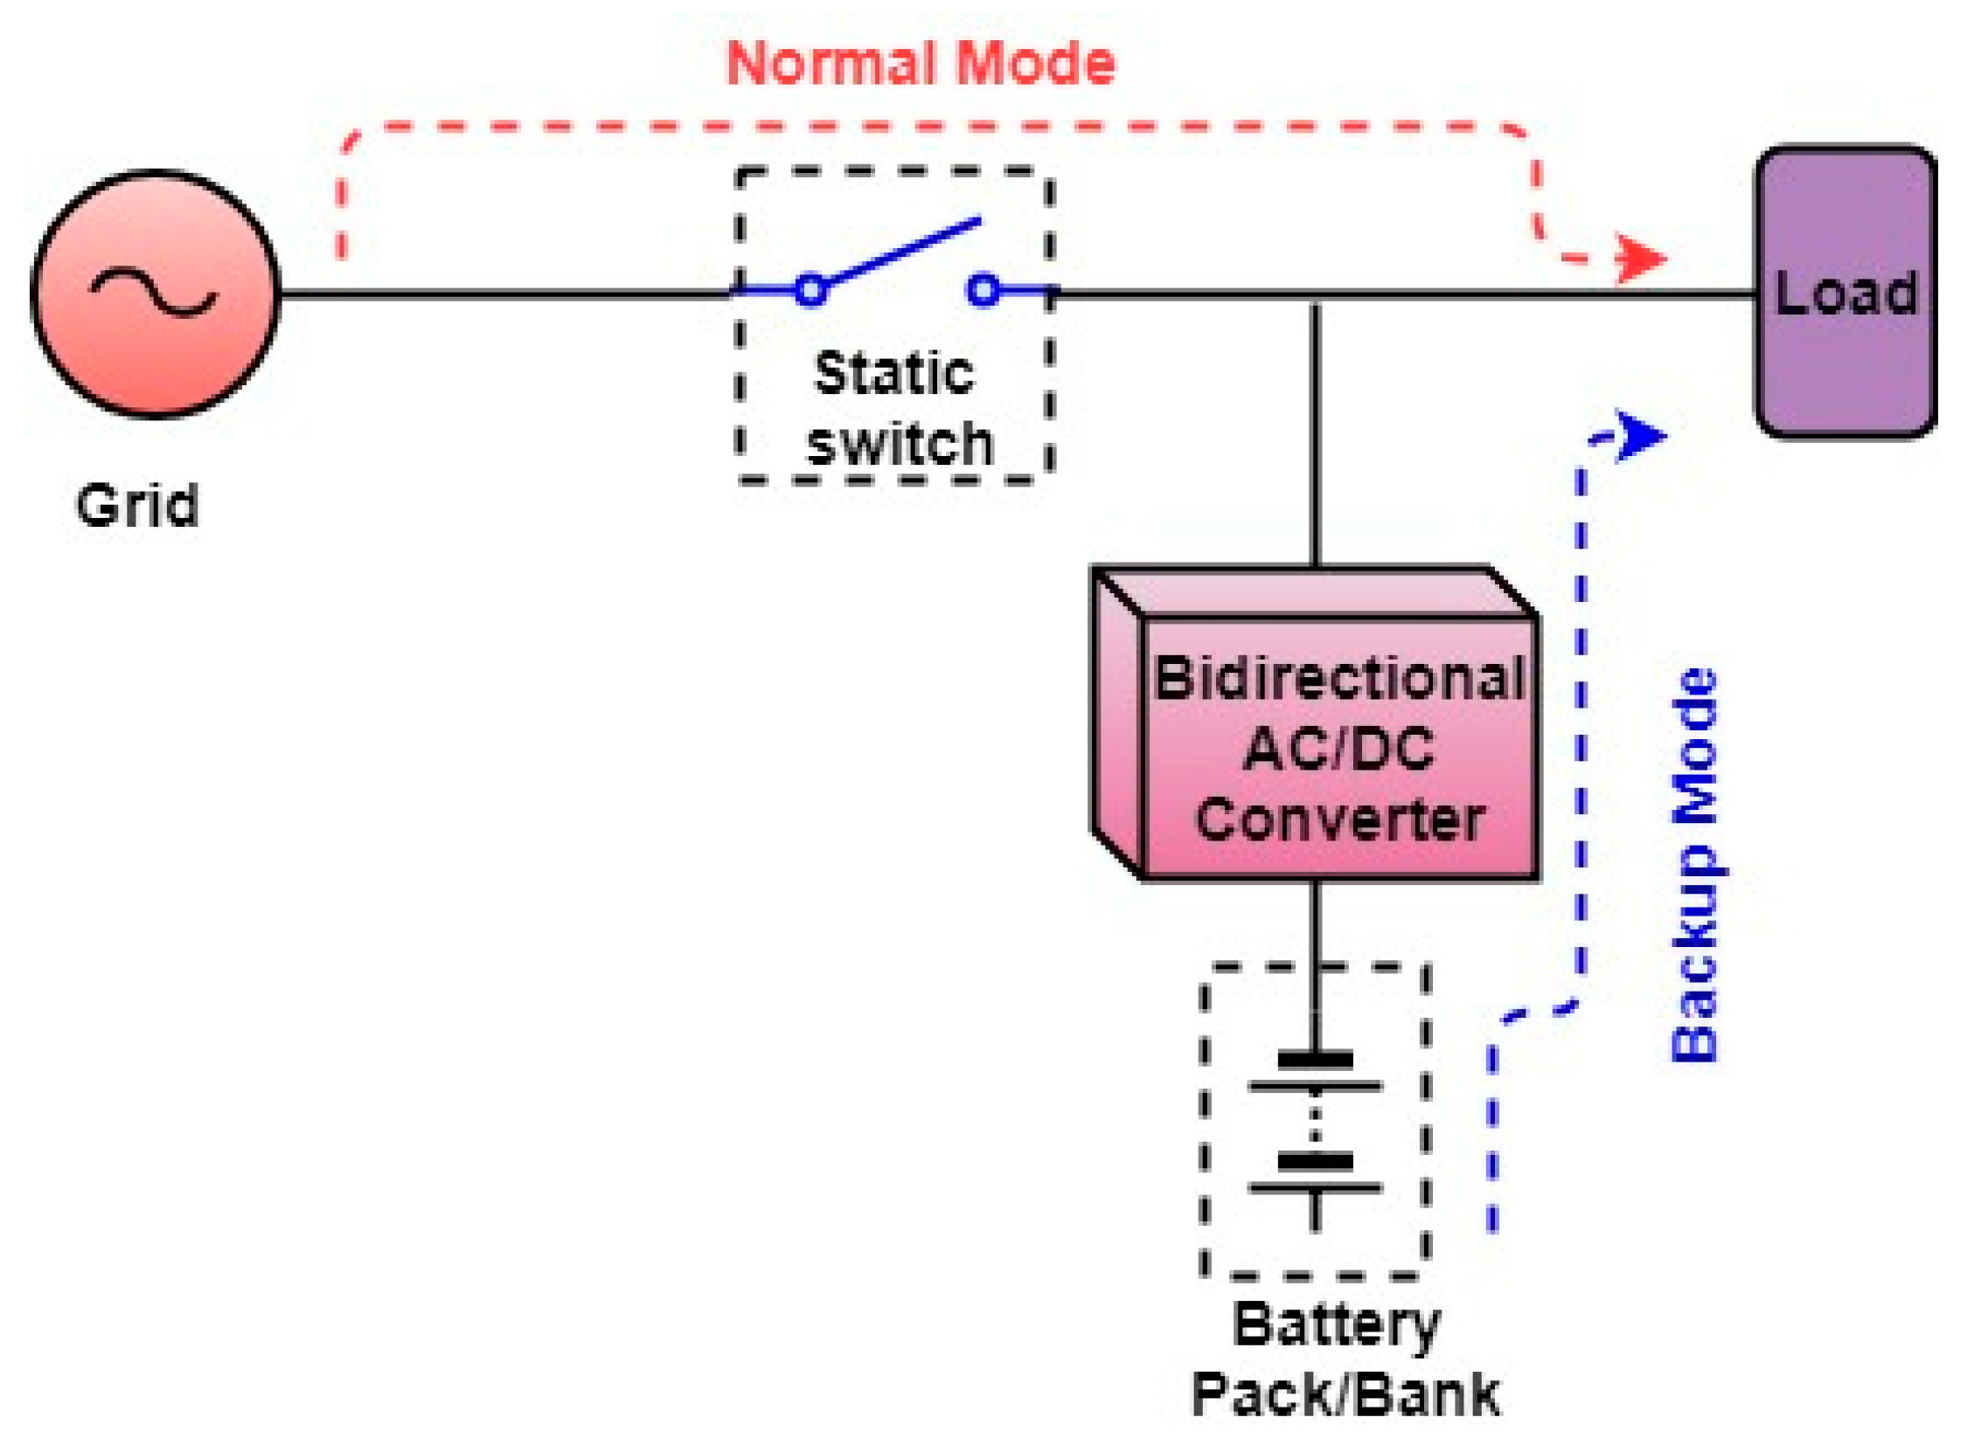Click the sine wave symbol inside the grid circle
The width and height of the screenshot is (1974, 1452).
[x=154, y=293]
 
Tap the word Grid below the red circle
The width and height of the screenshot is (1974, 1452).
[x=137, y=505]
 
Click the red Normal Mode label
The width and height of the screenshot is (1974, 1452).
[x=920, y=63]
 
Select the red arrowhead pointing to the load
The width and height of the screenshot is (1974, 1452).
[x=1640, y=259]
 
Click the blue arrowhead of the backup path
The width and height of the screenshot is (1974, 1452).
[x=1640, y=435]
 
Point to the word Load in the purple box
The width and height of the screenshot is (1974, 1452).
[x=1845, y=293]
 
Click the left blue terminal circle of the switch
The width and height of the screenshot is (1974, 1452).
[x=810, y=289]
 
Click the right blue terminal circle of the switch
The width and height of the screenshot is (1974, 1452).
[x=982, y=289]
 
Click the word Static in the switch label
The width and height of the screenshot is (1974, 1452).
[x=893, y=374]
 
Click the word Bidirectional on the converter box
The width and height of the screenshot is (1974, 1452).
[x=1338, y=679]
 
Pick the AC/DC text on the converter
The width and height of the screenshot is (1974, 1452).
[x=1338, y=749]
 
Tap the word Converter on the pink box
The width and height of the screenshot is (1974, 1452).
[x=1338, y=819]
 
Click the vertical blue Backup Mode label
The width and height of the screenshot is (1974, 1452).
[x=1693, y=866]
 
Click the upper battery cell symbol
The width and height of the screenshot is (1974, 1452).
[x=1315, y=1072]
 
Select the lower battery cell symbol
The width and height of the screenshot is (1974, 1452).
[x=1315, y=1174]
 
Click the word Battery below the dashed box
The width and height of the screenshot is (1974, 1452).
[x=1337, y=1326]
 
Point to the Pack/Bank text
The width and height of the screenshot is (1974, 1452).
[x=1345, y=1395]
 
